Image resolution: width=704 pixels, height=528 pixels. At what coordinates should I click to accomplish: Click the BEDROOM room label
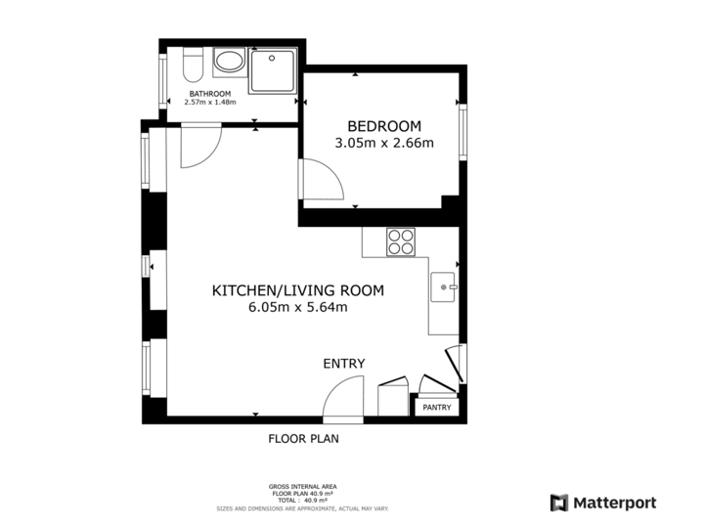(384, 126)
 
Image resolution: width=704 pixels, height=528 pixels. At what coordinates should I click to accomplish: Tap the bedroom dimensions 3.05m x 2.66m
(384, 143)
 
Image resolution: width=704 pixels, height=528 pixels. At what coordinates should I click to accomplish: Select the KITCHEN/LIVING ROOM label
(298, 290)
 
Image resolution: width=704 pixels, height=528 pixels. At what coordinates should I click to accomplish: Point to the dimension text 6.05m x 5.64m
(298, 307)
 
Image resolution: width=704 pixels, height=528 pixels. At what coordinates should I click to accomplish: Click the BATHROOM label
(209, 94)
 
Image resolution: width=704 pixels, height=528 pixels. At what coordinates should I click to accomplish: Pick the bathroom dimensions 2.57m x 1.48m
(209, 103)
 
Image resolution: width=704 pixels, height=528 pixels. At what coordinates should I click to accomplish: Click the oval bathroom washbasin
(231, 65)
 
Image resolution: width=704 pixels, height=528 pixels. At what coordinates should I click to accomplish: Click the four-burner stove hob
(401, 242)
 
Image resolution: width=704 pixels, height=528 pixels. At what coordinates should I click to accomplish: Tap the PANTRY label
(437, 408)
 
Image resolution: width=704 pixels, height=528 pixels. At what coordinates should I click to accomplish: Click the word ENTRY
(344, 364)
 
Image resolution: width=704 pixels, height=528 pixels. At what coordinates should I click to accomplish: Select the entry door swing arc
(343, 400)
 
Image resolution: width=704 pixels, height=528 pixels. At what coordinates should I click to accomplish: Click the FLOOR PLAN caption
(303, 439)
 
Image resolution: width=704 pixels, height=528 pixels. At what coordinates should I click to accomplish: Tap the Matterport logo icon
(559, 504)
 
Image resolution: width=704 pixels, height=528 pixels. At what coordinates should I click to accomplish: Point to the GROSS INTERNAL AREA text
(303, 486)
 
